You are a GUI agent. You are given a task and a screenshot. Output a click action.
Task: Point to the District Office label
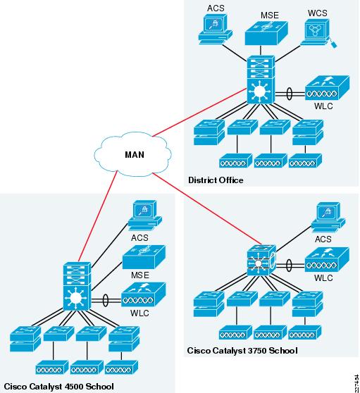click(215, 180)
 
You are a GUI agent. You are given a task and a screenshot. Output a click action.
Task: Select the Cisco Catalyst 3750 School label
click(242, 350)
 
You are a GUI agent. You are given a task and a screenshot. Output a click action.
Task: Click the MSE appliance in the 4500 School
click(144, 258)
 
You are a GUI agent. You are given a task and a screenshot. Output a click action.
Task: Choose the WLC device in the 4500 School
click(144, 294)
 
